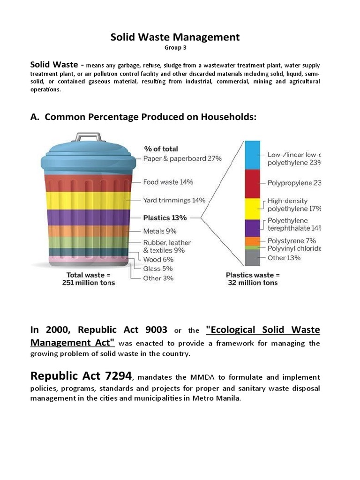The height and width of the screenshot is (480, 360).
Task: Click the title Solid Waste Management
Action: [x=175, y=37]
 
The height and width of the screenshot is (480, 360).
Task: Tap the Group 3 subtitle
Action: [x=175, y=48]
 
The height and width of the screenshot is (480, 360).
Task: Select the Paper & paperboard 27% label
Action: [x=182, y=158]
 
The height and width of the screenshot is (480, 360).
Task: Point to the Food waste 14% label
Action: [x=162, y=182]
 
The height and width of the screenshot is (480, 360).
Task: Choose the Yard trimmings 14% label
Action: [x=174, y=200]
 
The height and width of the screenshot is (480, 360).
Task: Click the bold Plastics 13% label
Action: [x=165, y=217]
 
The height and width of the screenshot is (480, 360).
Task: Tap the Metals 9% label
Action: [x=160, y=231]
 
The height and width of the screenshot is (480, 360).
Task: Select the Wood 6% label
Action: [x=158, y=259]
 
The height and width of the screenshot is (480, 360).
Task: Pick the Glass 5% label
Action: [x=158, y=269]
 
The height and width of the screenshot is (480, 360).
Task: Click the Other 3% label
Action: [x=158, y=278]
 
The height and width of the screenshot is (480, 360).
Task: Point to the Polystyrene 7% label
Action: [x=291, y=240]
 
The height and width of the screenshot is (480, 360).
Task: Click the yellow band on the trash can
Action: [x=88, y=200]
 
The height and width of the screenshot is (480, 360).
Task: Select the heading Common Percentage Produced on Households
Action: [x=143, y=117]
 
